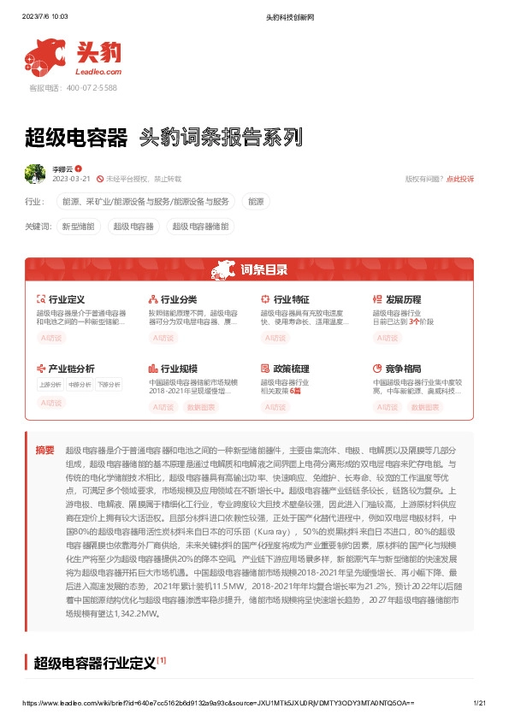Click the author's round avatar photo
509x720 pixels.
(x=35, y=174)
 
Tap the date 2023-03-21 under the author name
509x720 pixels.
(x=72, y=179)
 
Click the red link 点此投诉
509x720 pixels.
(x=460, y=179)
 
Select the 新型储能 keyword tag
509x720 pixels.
(x=79, y=227)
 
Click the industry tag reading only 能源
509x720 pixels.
(x=256, y=202)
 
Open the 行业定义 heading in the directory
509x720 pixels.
(x=66, y=300)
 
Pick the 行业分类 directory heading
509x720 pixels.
(x=179, y=300)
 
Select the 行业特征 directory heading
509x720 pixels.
(x=291, y=300)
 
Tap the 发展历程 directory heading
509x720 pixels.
(x=403, y=300)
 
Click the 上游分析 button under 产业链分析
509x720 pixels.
(x=50, y=384)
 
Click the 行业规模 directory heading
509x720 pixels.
(x=179, y=369)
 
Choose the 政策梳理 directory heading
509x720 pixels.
(x=291, y=369)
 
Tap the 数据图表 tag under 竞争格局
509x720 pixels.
(x=425, y=408)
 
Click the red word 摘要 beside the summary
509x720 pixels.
(x=44, y=450)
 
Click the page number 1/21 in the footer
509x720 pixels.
(x=479, y=703)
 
